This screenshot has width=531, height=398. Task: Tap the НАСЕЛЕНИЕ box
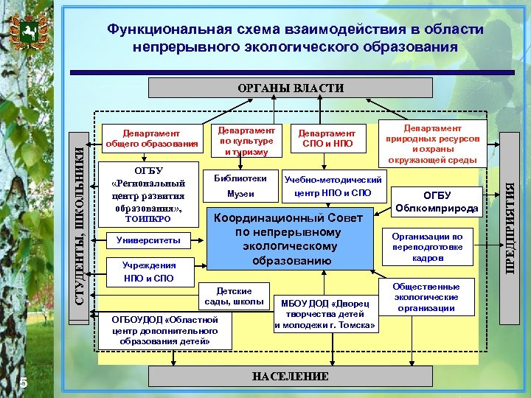click(290, 376)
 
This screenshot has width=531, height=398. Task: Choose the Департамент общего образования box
click(152, 138)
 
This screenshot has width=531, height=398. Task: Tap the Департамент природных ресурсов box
click(432, 144)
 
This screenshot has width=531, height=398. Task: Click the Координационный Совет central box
click(288, 240)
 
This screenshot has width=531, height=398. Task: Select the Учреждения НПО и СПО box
click(148, 272)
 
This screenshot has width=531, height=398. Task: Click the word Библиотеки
click(240, 178)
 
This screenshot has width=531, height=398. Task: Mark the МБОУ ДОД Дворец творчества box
click(325, 314)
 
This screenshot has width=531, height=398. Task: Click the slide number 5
click(23, 382)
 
